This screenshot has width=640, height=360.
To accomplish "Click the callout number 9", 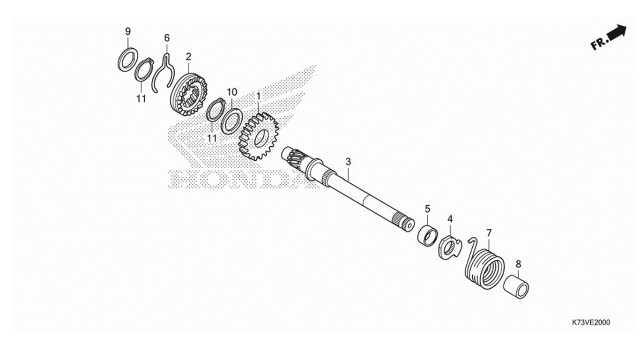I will pos(128,31).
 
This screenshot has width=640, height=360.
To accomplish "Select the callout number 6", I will pos(167,37).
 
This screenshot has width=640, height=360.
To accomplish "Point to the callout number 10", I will pos(232,91).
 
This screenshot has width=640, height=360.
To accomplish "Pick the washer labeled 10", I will pos(231,121).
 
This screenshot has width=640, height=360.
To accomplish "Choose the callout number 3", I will pos(348,162).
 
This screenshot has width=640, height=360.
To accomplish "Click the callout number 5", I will pos(427,208).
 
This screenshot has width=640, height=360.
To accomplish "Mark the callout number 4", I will pos(450,219).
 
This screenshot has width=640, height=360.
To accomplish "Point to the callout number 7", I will pos(489,233).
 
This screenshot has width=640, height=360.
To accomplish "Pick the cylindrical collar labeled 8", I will pos(516,287).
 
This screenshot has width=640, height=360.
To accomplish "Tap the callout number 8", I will pos(518,264).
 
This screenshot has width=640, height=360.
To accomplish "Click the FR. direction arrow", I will pos(609,37).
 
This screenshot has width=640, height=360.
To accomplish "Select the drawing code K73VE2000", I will pos(591,322).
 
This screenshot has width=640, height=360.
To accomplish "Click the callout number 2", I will pos(188,57).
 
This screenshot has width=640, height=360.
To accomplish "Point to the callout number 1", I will pos(258,96).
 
